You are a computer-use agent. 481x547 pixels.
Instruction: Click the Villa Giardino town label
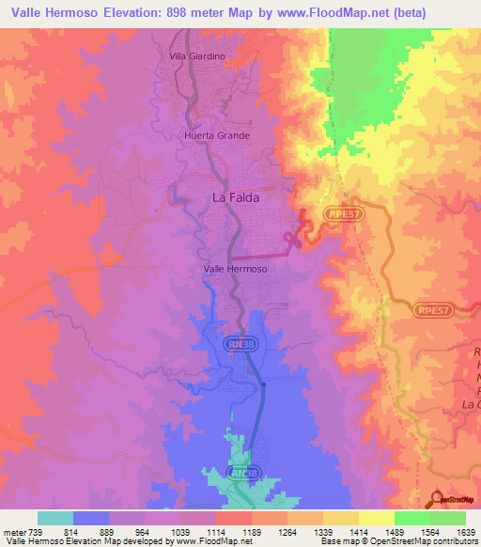click(197, 56)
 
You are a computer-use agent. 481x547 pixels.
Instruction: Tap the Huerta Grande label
click(216, 135)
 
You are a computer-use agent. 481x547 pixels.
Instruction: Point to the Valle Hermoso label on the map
click(236, 269)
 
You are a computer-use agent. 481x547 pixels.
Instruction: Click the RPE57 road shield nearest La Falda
click(344, 215)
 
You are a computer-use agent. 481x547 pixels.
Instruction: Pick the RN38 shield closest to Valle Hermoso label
click(241, 345)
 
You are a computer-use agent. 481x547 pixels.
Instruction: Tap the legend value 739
click(38, 533)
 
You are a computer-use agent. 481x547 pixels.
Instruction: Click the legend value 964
click(144, 533)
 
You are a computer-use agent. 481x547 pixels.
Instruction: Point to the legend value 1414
click(357, 533)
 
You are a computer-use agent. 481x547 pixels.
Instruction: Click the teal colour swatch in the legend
click(55, 518)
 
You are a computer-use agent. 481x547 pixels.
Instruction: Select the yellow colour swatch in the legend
click(376, 518)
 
